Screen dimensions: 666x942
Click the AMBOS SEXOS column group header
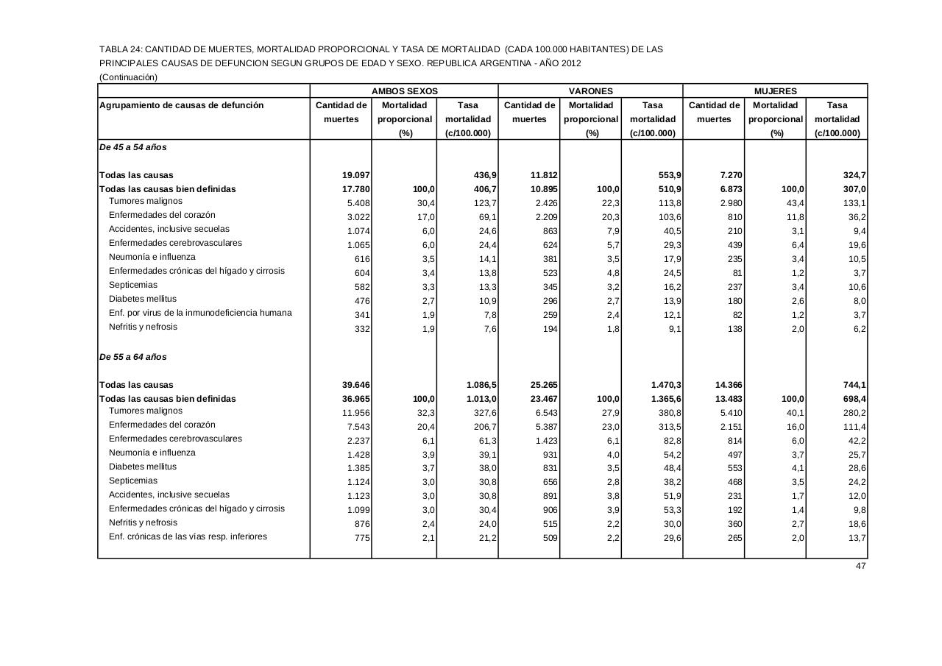404,91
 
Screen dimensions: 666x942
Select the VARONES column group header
590,91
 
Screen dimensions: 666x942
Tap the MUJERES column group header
775,91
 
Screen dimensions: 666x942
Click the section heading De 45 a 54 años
133,147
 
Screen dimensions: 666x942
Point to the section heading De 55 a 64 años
133,357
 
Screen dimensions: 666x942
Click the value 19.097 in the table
355,175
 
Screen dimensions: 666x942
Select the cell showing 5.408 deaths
358,203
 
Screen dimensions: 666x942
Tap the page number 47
860,566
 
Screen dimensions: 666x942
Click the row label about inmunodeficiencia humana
200,313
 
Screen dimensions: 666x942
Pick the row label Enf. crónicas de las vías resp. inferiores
188,536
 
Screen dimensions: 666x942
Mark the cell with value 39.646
355,385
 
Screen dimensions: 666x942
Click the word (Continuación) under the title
129,77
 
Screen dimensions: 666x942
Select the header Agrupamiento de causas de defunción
181,105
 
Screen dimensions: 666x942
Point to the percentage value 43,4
794,203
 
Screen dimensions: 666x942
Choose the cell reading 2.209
543,217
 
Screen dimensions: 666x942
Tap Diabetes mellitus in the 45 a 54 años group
143,299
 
